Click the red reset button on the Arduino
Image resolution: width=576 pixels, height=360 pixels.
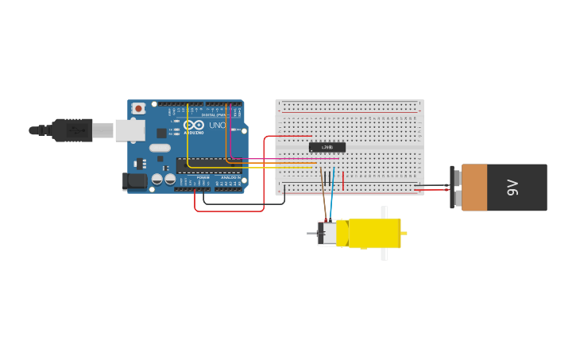click(138, 108)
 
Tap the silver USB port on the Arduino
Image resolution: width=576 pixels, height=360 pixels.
click(130, 130)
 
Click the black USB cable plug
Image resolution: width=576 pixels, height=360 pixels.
click(72, 130)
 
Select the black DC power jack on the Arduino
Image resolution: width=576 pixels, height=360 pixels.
click(136, 181)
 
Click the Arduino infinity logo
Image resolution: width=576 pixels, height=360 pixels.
click(193, 125)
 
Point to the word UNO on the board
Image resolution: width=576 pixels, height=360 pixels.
click(217, 126)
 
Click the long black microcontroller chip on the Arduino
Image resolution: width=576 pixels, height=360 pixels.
click(208, 165)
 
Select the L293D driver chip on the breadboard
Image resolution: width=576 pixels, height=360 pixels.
click(327, 147)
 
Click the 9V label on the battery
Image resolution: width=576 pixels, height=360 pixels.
click(512, 188)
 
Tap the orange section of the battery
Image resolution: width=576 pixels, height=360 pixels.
click(474, 188)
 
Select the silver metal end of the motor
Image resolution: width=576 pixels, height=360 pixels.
click(327, 234)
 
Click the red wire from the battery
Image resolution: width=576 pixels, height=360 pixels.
click(433, 190)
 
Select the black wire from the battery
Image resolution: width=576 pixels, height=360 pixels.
click(433, 185)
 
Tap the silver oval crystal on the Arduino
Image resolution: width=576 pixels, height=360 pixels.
click(160, 148)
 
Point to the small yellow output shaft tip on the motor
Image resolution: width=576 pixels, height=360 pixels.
click(404, 233)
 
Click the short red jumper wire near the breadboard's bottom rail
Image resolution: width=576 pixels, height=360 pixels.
click(343, 181)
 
